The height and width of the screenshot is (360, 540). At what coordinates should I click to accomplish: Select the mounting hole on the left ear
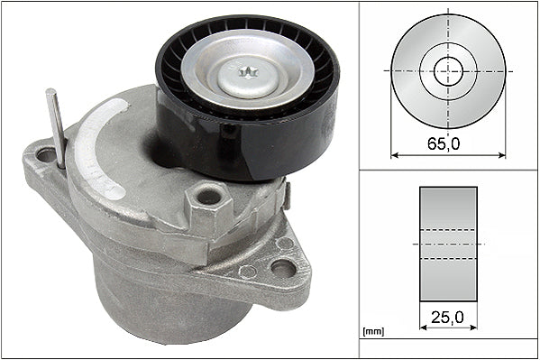point(45,155)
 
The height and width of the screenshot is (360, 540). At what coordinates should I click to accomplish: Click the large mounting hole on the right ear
point(282,268)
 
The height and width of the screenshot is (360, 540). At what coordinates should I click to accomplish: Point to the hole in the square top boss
point(209,195)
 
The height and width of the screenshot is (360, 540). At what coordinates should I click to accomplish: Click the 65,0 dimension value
point(448,143)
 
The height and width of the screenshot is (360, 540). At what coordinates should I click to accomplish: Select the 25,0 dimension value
point(448,318)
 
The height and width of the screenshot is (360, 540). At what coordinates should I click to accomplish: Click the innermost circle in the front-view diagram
point(448,69)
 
